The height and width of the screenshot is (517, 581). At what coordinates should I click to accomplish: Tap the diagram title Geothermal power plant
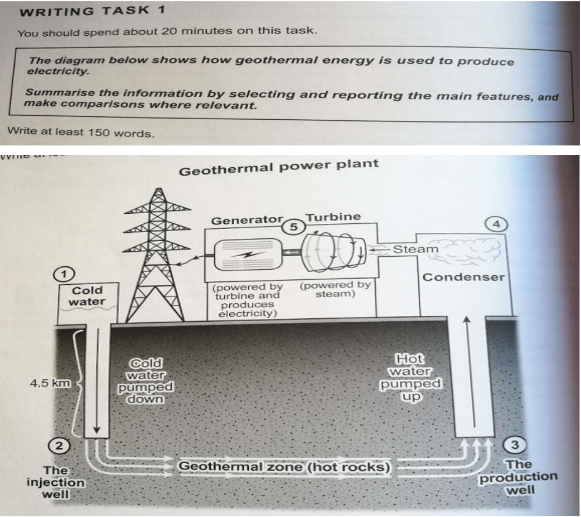point(278,167)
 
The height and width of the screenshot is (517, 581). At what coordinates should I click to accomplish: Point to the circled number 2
point(59,446)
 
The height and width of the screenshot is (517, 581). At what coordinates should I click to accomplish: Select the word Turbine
point(333,217)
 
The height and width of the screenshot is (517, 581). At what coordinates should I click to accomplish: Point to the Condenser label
point(464,277)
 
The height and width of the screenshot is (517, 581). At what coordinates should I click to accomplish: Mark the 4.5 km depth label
point(51,384)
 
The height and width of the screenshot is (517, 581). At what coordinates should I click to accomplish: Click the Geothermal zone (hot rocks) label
point(285,466)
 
